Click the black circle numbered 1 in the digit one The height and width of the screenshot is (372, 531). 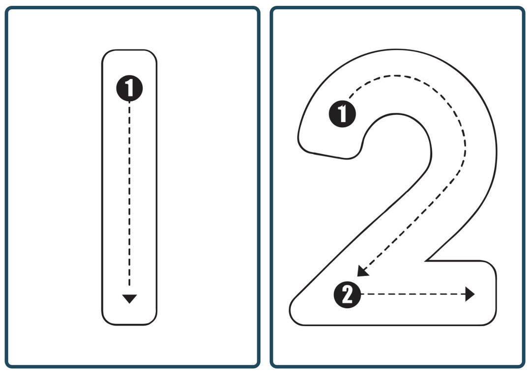129,89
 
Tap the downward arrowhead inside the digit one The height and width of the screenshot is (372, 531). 129,299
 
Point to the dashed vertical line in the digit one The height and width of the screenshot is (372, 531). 129,197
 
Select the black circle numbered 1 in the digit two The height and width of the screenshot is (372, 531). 342,114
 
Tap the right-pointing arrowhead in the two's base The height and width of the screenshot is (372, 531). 470,295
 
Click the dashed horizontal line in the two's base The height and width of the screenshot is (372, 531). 413,295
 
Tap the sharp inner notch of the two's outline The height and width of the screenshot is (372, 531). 426,261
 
